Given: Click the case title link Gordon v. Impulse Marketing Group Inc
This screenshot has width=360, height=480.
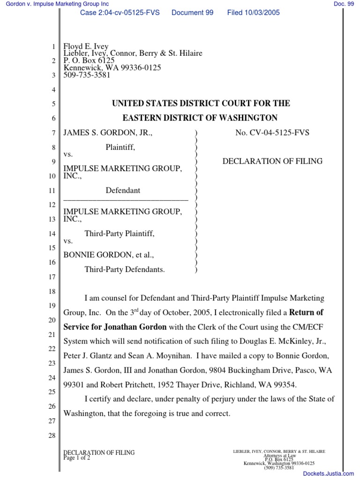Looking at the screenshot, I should point(54,4).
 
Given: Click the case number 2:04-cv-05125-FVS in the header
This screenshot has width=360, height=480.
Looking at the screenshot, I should point(120,13).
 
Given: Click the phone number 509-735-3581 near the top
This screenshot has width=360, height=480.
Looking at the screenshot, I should point(87,75).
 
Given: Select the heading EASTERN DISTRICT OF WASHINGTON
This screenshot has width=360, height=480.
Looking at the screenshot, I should point(201,118).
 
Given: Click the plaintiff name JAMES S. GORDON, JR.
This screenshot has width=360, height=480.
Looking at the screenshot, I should point(108,133).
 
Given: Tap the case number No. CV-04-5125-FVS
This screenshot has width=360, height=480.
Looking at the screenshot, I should point(272,133).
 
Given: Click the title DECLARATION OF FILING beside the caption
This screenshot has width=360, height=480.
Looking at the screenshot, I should point(272,161).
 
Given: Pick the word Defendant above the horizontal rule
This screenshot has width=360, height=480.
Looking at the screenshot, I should point(123,190).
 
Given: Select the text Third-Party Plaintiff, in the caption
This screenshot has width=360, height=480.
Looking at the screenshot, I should point(119,233).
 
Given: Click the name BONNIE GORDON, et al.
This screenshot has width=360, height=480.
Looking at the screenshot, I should point(109,255).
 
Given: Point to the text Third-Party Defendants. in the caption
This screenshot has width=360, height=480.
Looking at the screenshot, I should point(124,270).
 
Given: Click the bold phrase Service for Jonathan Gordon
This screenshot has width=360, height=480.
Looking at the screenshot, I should point(115,326).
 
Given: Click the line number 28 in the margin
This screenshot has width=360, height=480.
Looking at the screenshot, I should point(52,436).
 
